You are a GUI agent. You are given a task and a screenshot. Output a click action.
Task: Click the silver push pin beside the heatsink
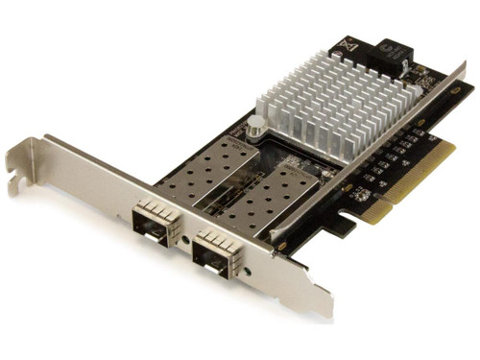click(256, 125)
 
